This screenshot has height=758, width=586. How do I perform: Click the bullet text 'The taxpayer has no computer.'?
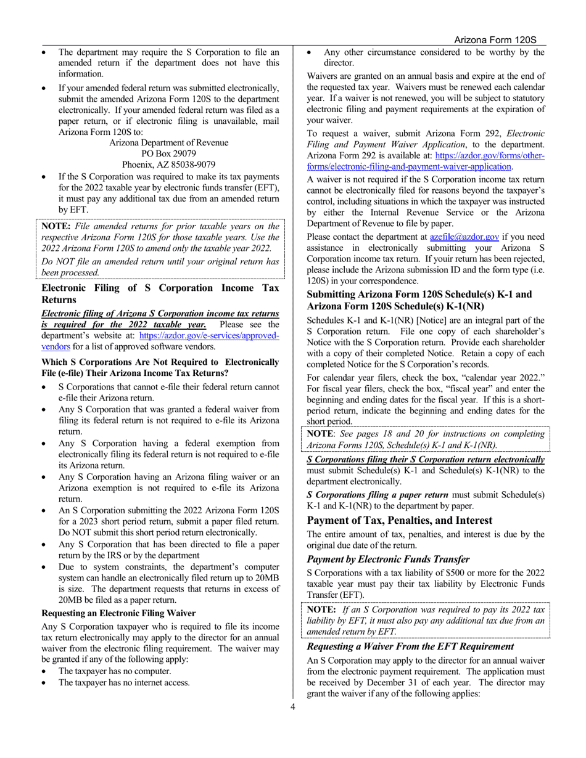(114, 671)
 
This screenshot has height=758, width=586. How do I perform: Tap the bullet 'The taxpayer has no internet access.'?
(123, 682)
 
